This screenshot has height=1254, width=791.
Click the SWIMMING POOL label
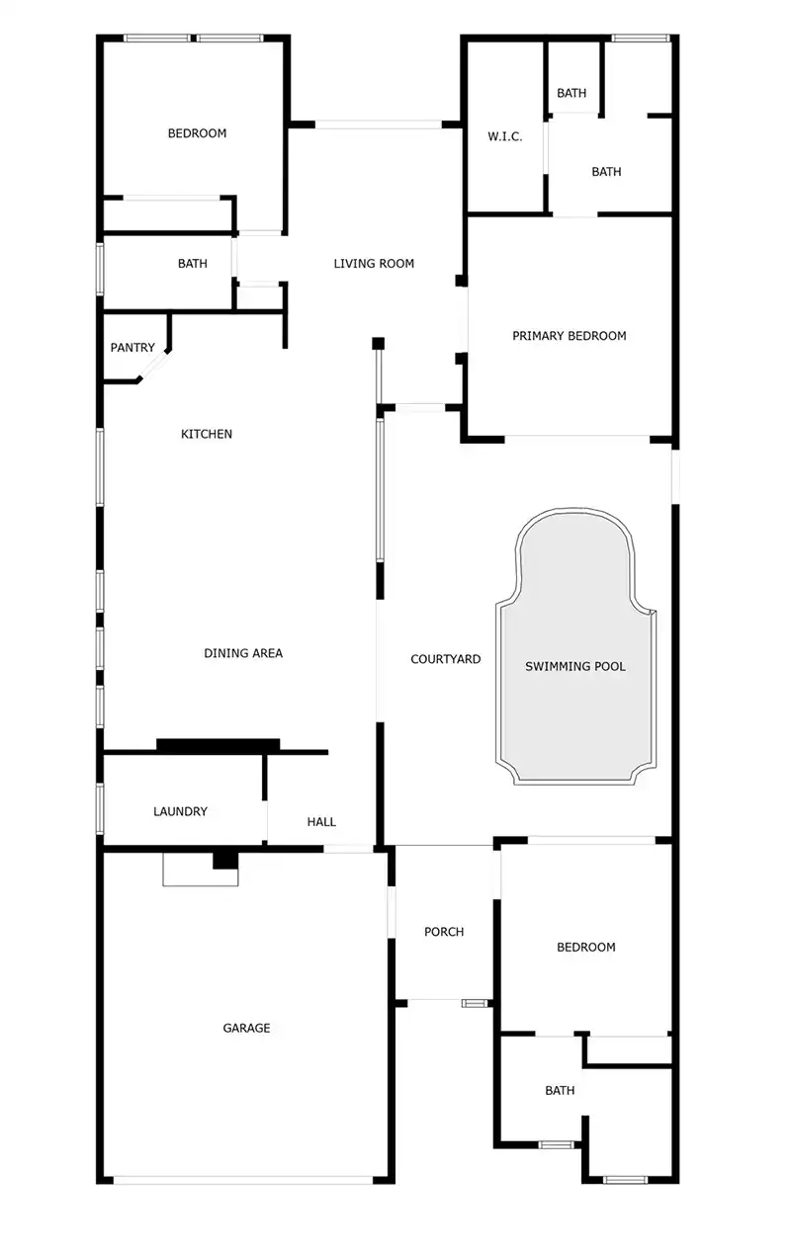(x=574, y=666)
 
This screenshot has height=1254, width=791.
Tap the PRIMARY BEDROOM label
(x=569, y=336)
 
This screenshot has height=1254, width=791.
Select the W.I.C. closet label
(x=504, y=136)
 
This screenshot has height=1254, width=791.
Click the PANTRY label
(x=132, y=348)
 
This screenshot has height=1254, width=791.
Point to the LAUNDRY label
(x=180, y=811)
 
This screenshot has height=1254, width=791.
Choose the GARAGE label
(x=246, y=1028)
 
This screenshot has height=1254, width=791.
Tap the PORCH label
(x=444, y=932)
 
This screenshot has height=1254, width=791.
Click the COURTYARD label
(x=445, y=659)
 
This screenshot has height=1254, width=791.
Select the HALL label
(x=321, y=821)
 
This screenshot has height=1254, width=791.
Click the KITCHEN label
(x=207, y=434)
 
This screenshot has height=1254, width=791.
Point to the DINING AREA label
(x=243, y=653)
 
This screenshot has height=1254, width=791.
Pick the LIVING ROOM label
(x=374, y=264)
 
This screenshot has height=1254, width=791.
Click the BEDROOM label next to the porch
(x=585, y=947)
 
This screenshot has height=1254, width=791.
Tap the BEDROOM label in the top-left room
(x=197, y=133)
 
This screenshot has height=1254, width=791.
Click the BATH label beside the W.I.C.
(x=606, y=172)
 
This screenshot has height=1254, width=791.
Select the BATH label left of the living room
(x=193, y=264)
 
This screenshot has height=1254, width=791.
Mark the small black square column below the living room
(x=378, y=344)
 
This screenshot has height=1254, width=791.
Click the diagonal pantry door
(x=153, y=368)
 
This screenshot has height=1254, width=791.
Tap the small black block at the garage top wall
(x=226, y=860)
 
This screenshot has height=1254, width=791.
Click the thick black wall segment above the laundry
(x=219, y=745)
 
